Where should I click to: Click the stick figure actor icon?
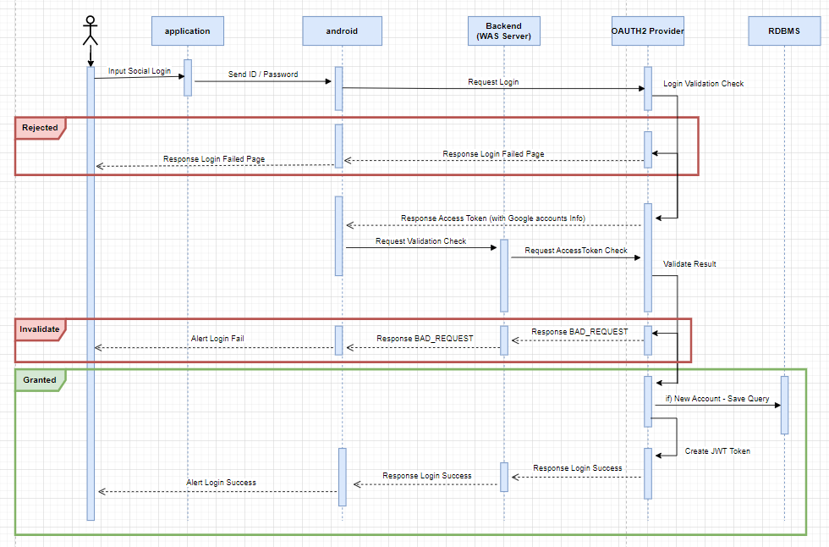(x=91, y=31)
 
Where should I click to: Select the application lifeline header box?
(x=187, y=31)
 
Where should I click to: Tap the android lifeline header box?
(x=342, y=31)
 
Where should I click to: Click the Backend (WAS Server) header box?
(x=503, y=31)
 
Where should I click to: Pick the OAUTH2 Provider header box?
(x=647, y=31)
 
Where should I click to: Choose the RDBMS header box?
(x=784, y=31)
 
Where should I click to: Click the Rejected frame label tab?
(x=40, y=128)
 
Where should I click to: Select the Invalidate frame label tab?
(x=40, y=329)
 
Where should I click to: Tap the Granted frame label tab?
(x=39, y=380)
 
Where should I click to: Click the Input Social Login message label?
(x=139, y=70)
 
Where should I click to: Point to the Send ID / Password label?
(x=263, y=75)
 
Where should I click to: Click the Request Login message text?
(x=493, y=82)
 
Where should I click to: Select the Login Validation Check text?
(x=703, y=84)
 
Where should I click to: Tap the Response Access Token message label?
(x=492, y=218)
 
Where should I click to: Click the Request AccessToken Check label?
(x=576, y=251)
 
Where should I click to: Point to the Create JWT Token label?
(x=717, y=451)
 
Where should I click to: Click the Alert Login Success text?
(x=221, y=483)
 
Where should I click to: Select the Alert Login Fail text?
(x=217, y=339)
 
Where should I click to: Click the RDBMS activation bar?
(x=784, y=405)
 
